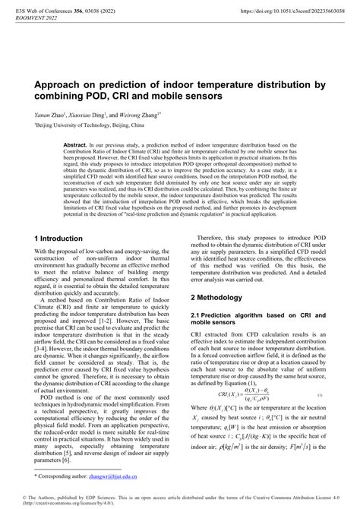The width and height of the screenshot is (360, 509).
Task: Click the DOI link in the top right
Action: click(282, 11)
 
